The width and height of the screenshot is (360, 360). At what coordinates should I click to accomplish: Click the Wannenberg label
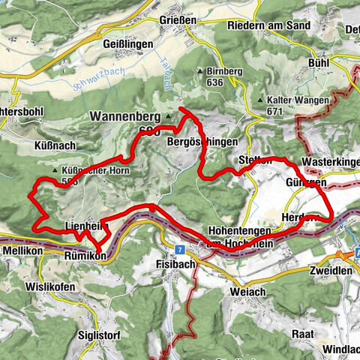pyautogui.click(x=124, y=117)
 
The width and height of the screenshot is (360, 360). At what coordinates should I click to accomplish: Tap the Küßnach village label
pyautogui.click(x=50, y=140)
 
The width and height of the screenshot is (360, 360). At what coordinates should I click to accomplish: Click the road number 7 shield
pyautogui.click(x=181, y=248)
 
